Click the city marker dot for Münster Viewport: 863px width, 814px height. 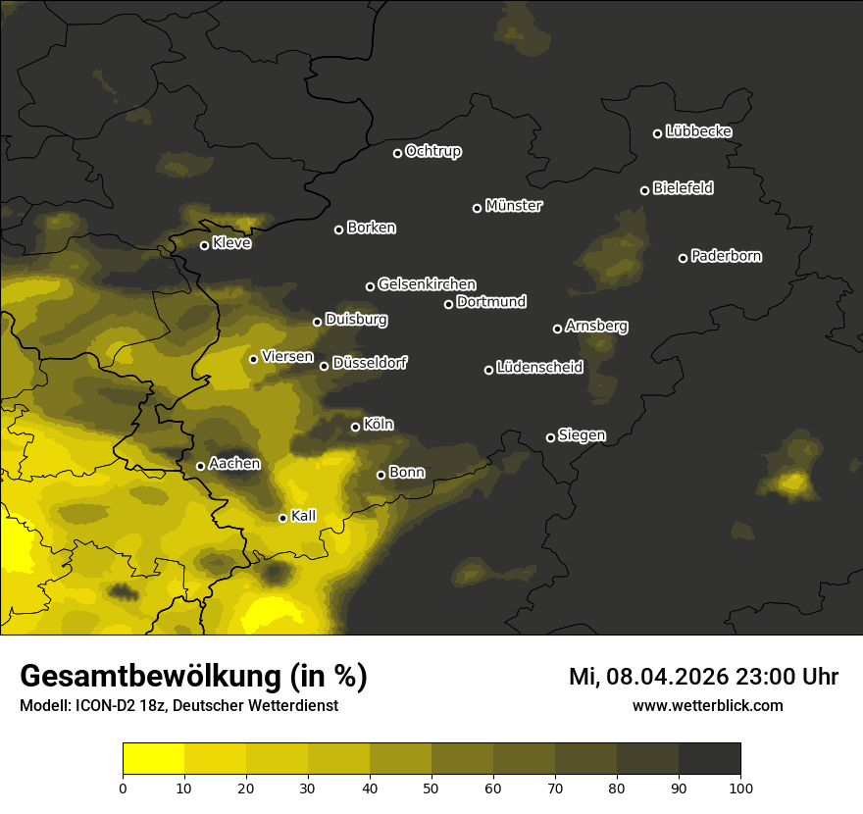coord(478,208)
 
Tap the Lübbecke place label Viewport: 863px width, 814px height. coord(698,131)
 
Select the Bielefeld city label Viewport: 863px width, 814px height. coord(683,188)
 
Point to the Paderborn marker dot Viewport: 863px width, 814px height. coord(684,258)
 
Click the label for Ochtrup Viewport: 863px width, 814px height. coord(432,151)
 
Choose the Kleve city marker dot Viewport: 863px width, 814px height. coord(205,245)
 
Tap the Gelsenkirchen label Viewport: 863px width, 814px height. coord(427,284)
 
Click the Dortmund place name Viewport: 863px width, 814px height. coord(491,302)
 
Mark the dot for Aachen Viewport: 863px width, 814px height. coord(201,466)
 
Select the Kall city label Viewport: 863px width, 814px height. coord(303,516)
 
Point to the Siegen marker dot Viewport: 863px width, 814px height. coord(550,437)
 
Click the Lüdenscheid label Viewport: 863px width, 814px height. coord(539,368)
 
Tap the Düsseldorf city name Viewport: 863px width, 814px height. coord(370,364)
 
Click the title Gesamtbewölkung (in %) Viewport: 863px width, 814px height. coord(193,677)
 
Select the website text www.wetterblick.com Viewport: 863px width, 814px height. coord(707,705)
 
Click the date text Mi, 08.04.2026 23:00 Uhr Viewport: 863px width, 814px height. coord(703,677)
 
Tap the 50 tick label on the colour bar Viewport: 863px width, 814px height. coord(431,788)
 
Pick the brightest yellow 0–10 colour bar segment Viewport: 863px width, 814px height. coord(153,759)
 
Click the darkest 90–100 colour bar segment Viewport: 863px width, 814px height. coord(709,759)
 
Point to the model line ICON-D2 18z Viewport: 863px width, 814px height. coord(178,706)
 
